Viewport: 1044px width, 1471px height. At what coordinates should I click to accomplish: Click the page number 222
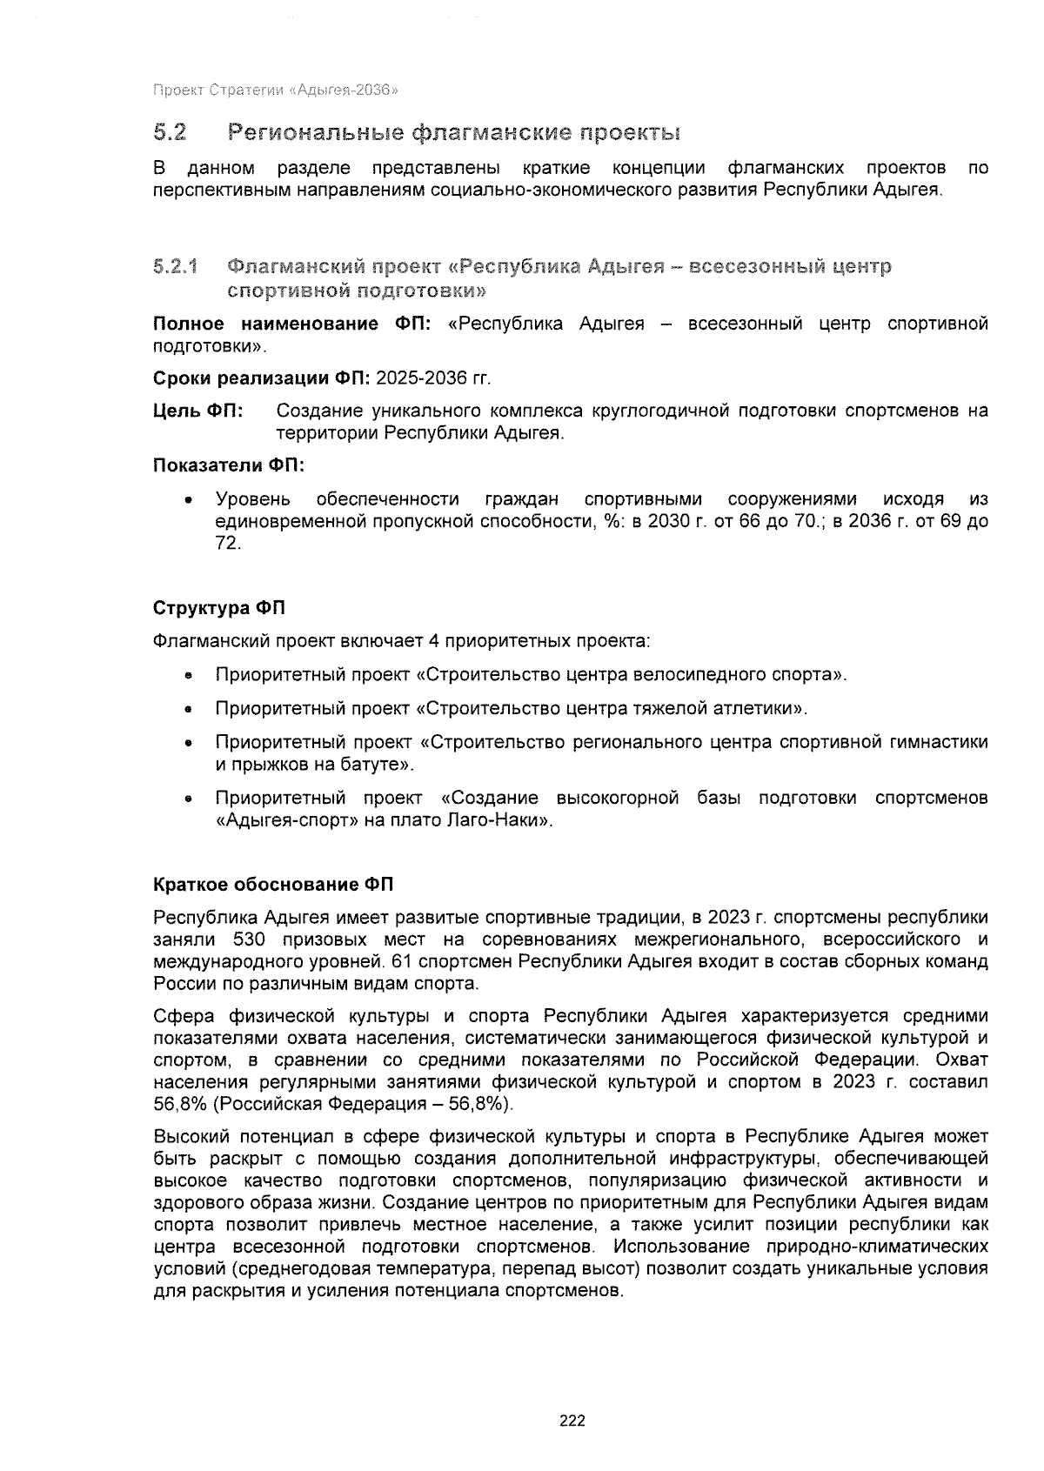[572, 1422]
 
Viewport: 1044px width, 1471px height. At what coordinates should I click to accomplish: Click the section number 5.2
[171, 133]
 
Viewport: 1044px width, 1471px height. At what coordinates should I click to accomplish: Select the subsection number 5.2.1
[176, 266]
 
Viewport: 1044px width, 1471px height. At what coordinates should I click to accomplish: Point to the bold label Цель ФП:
[198, 411]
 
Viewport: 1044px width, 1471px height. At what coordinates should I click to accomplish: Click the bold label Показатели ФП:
[228, 465]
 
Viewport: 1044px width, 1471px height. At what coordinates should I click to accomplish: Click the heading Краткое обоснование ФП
[273, 886]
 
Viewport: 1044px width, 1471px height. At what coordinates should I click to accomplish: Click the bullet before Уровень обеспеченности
[186, 501]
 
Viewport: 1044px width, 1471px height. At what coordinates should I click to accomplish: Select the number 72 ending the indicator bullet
[227, 544]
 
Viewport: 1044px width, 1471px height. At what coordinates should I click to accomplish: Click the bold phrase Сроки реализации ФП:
[262, 379]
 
